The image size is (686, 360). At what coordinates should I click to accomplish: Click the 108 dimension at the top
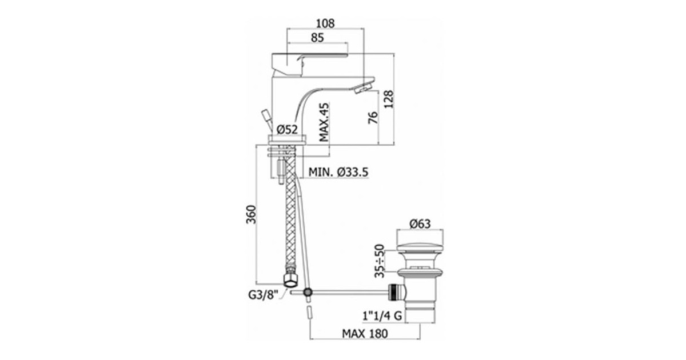click(325, 23)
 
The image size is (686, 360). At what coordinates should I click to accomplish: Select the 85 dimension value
click(317, 38)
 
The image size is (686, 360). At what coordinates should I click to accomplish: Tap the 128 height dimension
click(389, 99)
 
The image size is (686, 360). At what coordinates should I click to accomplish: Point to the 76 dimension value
click(373, 118)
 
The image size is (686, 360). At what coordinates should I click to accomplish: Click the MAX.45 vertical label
click(324, 122)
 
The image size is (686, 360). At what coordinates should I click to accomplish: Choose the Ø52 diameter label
click(287, 130)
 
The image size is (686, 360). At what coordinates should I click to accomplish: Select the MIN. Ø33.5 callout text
click(338, 172)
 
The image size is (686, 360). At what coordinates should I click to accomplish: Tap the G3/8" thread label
click(263, 295)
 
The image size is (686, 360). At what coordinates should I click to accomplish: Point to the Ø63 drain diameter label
click(420, 224)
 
